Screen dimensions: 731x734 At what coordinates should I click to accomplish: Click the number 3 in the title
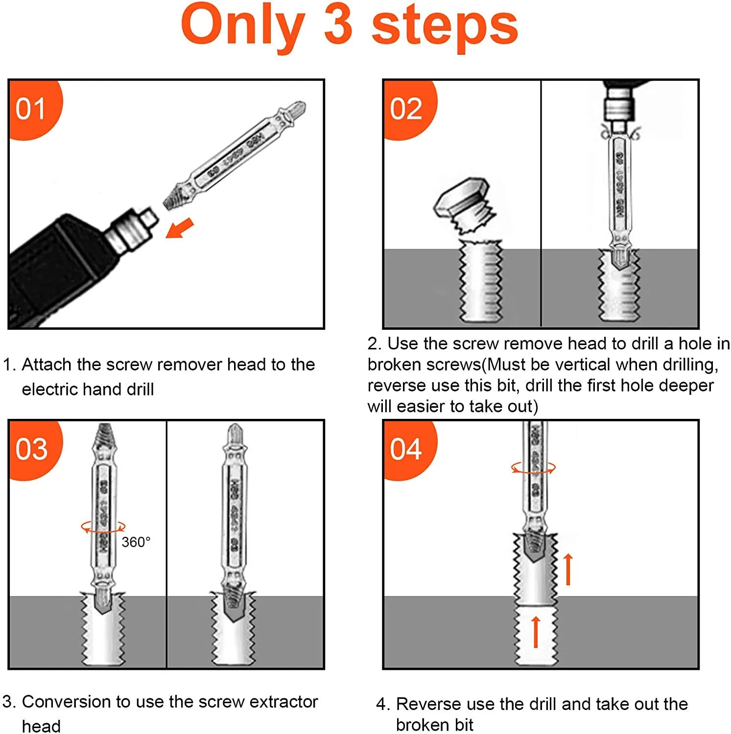[338, 25]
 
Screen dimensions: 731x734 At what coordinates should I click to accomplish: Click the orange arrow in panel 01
[179, 228]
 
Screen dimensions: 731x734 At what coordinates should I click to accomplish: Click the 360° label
[136, 542]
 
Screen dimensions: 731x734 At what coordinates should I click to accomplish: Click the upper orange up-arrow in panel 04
[568, 569]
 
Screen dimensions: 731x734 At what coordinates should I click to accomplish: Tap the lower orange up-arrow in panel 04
[536, 632]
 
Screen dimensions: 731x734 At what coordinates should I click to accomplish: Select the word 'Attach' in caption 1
[47, 365]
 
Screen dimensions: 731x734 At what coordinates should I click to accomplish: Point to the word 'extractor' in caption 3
[284, 702]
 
